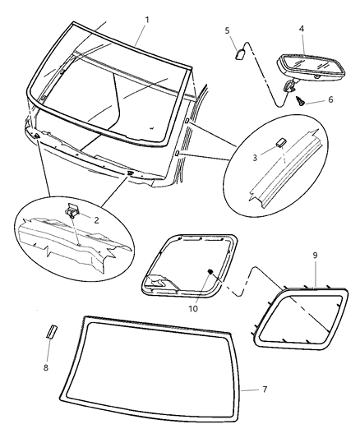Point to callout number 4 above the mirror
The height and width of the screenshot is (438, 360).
point(302,29)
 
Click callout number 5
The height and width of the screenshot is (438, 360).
point(227,30)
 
